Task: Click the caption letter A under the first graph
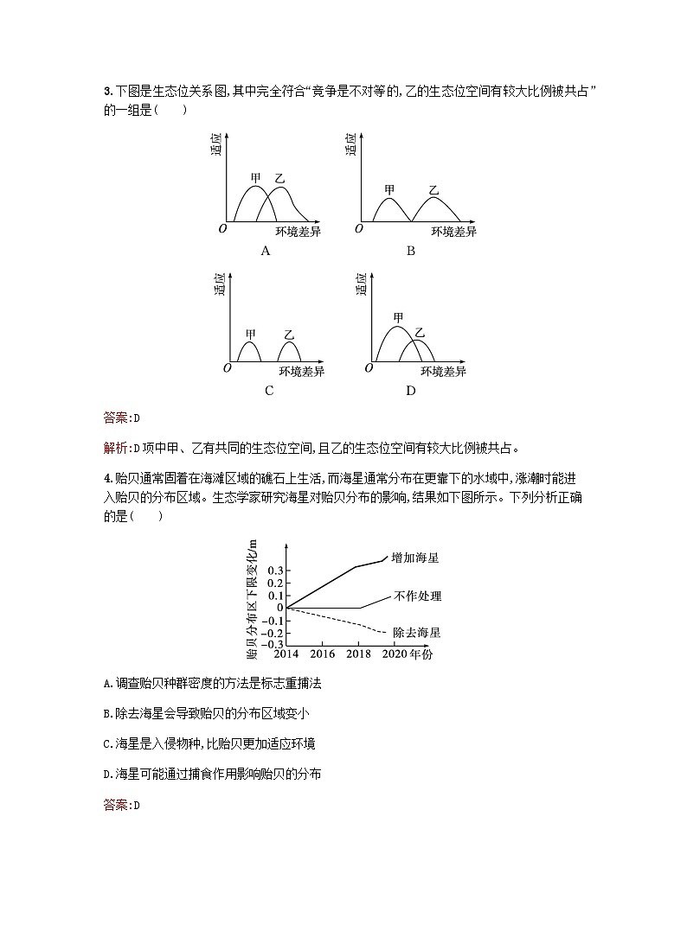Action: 266,251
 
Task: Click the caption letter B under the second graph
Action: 410,251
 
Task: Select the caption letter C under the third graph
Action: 269,390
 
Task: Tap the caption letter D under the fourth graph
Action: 410,390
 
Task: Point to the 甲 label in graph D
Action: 399,318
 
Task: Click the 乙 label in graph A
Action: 279,179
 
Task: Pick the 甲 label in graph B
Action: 390,190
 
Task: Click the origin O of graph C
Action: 227,368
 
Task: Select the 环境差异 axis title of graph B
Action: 454,231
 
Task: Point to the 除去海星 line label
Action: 417,633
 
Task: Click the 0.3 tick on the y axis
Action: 275,571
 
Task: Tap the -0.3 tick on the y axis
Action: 273,644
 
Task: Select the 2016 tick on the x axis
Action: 323,654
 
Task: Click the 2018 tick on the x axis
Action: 359,654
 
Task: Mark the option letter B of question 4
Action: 106,713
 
